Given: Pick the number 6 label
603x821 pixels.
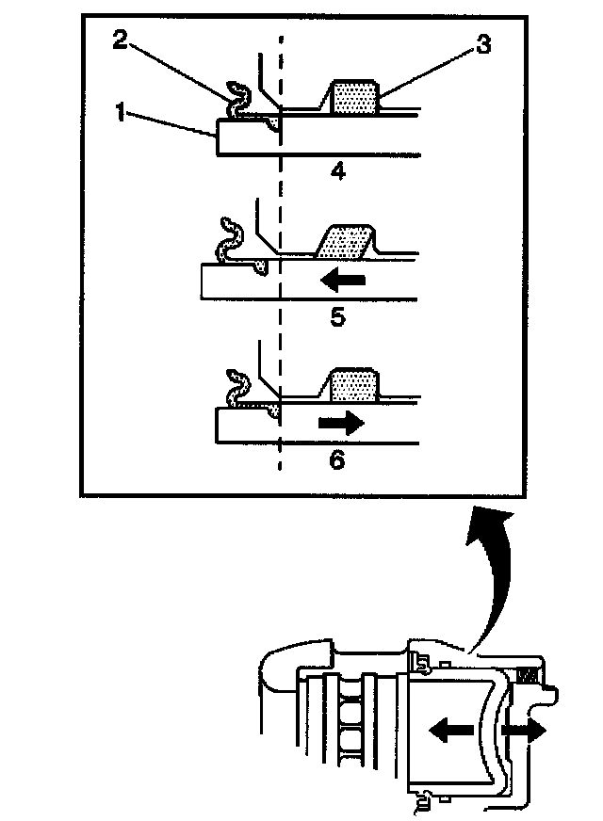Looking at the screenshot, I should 337,460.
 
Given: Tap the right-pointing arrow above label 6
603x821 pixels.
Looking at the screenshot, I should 340,424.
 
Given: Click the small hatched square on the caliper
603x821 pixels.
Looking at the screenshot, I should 529,674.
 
